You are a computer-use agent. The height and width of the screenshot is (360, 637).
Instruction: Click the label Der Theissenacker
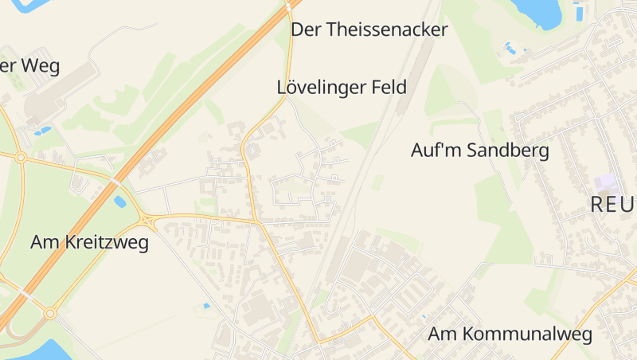369,30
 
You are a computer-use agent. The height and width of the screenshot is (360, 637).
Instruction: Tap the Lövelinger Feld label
342,88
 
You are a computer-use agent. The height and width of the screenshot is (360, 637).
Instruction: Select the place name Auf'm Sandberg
479,150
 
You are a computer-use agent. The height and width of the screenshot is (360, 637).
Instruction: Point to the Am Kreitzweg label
89,242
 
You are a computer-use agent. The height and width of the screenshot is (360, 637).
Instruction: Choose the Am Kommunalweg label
511,334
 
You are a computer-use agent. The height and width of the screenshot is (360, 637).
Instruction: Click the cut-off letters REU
613,205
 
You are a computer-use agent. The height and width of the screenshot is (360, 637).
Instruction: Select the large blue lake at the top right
536,11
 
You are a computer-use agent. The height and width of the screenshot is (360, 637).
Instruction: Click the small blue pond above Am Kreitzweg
120,202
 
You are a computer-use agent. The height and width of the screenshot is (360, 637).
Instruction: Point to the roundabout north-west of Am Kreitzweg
21,158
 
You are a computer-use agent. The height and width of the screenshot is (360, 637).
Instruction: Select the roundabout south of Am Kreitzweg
50,314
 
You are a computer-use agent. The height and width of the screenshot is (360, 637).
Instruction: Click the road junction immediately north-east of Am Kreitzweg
148,220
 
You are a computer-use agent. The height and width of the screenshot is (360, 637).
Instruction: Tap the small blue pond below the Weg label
44,130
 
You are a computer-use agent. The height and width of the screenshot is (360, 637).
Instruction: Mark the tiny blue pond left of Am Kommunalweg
423,316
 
